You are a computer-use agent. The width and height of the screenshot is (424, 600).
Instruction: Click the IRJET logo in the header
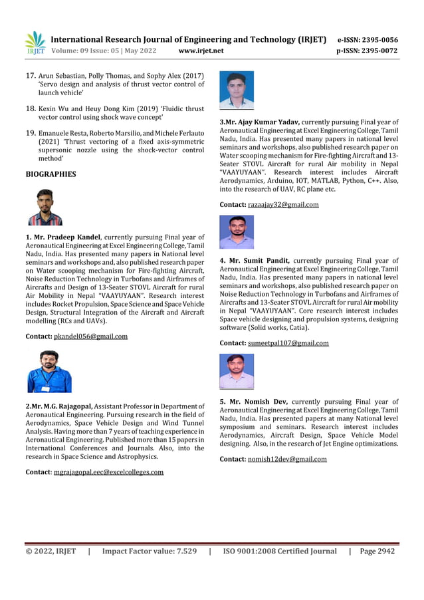point(35,43)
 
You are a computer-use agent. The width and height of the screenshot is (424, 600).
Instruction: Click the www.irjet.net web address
point(201,51)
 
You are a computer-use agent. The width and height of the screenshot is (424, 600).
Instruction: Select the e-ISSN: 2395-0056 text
point(368,40)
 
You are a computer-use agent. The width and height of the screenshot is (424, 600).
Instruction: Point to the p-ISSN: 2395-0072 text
point(368,51)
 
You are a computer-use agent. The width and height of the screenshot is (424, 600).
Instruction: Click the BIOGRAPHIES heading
point(51,174)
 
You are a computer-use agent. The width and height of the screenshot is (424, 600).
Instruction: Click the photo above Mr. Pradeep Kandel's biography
point(45,207)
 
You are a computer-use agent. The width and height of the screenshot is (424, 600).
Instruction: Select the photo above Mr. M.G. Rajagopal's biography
point(49,371)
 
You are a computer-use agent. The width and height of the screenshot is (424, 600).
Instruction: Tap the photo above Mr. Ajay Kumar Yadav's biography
point(237,90)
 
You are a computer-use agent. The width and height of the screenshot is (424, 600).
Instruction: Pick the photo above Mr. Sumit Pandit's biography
point(237,232)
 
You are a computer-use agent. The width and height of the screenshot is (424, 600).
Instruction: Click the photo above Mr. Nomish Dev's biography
point(237,371)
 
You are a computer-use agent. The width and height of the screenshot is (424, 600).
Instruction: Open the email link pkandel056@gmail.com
point(90,337)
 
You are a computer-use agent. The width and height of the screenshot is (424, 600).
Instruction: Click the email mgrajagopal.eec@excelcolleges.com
point(108,472)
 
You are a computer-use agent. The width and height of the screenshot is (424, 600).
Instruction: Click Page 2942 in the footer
point(377,551)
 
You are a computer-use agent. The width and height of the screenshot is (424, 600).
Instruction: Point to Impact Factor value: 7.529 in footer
point(149,551)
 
